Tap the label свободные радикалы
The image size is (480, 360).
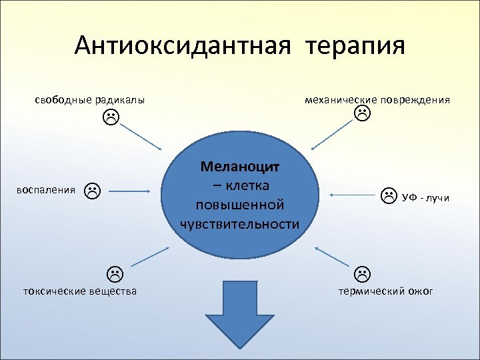(90, 100)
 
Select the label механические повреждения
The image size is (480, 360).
(377, 100)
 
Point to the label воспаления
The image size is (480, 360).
(45, 190)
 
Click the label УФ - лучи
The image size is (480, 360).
(425, 197)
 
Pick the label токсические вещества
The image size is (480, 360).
(80, 291)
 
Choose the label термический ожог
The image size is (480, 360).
(385, 291)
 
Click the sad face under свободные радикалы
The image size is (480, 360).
(111, 119)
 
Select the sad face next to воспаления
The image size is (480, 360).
(92, 191)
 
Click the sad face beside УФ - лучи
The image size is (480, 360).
(388, 196)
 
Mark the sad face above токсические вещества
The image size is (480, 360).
(115, 273)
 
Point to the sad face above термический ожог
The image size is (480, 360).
(362, 273)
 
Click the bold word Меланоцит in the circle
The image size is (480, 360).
(239, 165)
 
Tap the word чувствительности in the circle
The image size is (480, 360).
(239, 223)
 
